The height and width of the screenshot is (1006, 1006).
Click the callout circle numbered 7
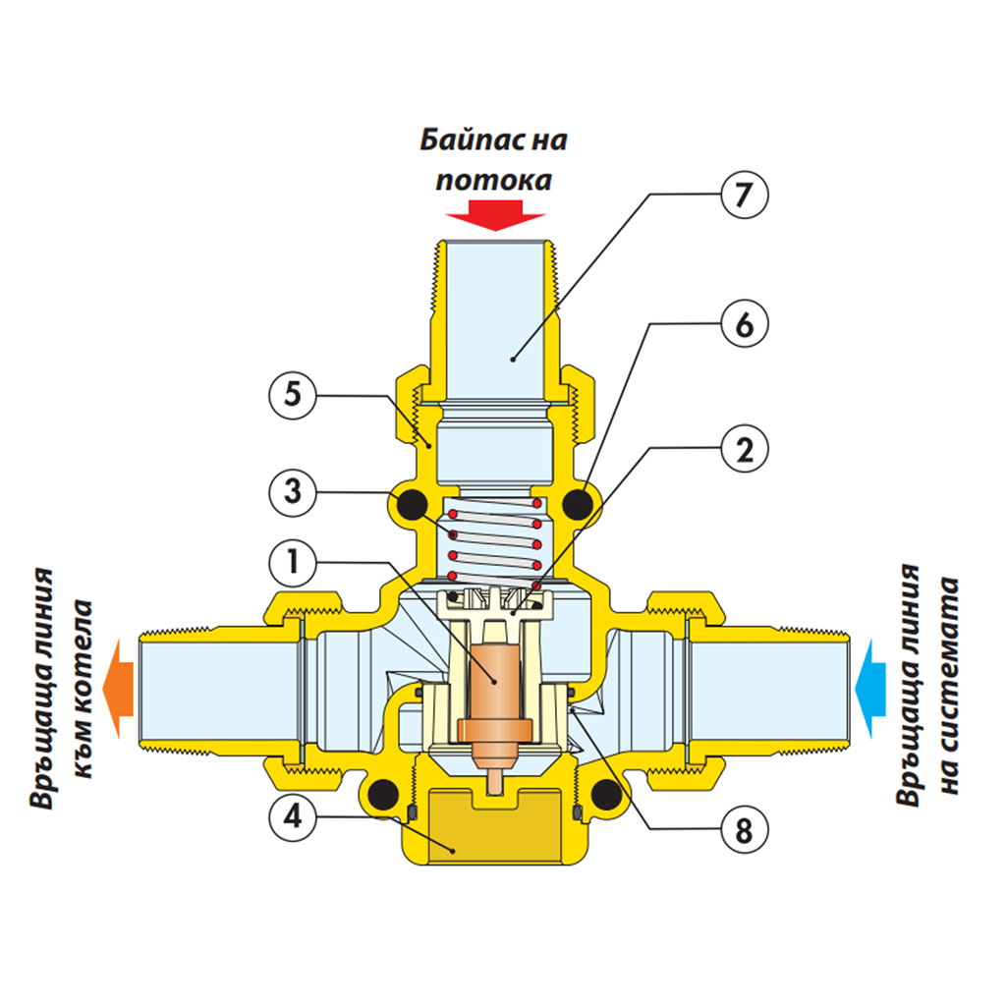coord(743,196)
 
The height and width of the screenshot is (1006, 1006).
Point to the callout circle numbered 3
coord(293,491)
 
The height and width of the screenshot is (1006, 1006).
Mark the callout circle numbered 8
coord(743,831)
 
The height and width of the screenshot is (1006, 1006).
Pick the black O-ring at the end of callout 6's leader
coord(579,505)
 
